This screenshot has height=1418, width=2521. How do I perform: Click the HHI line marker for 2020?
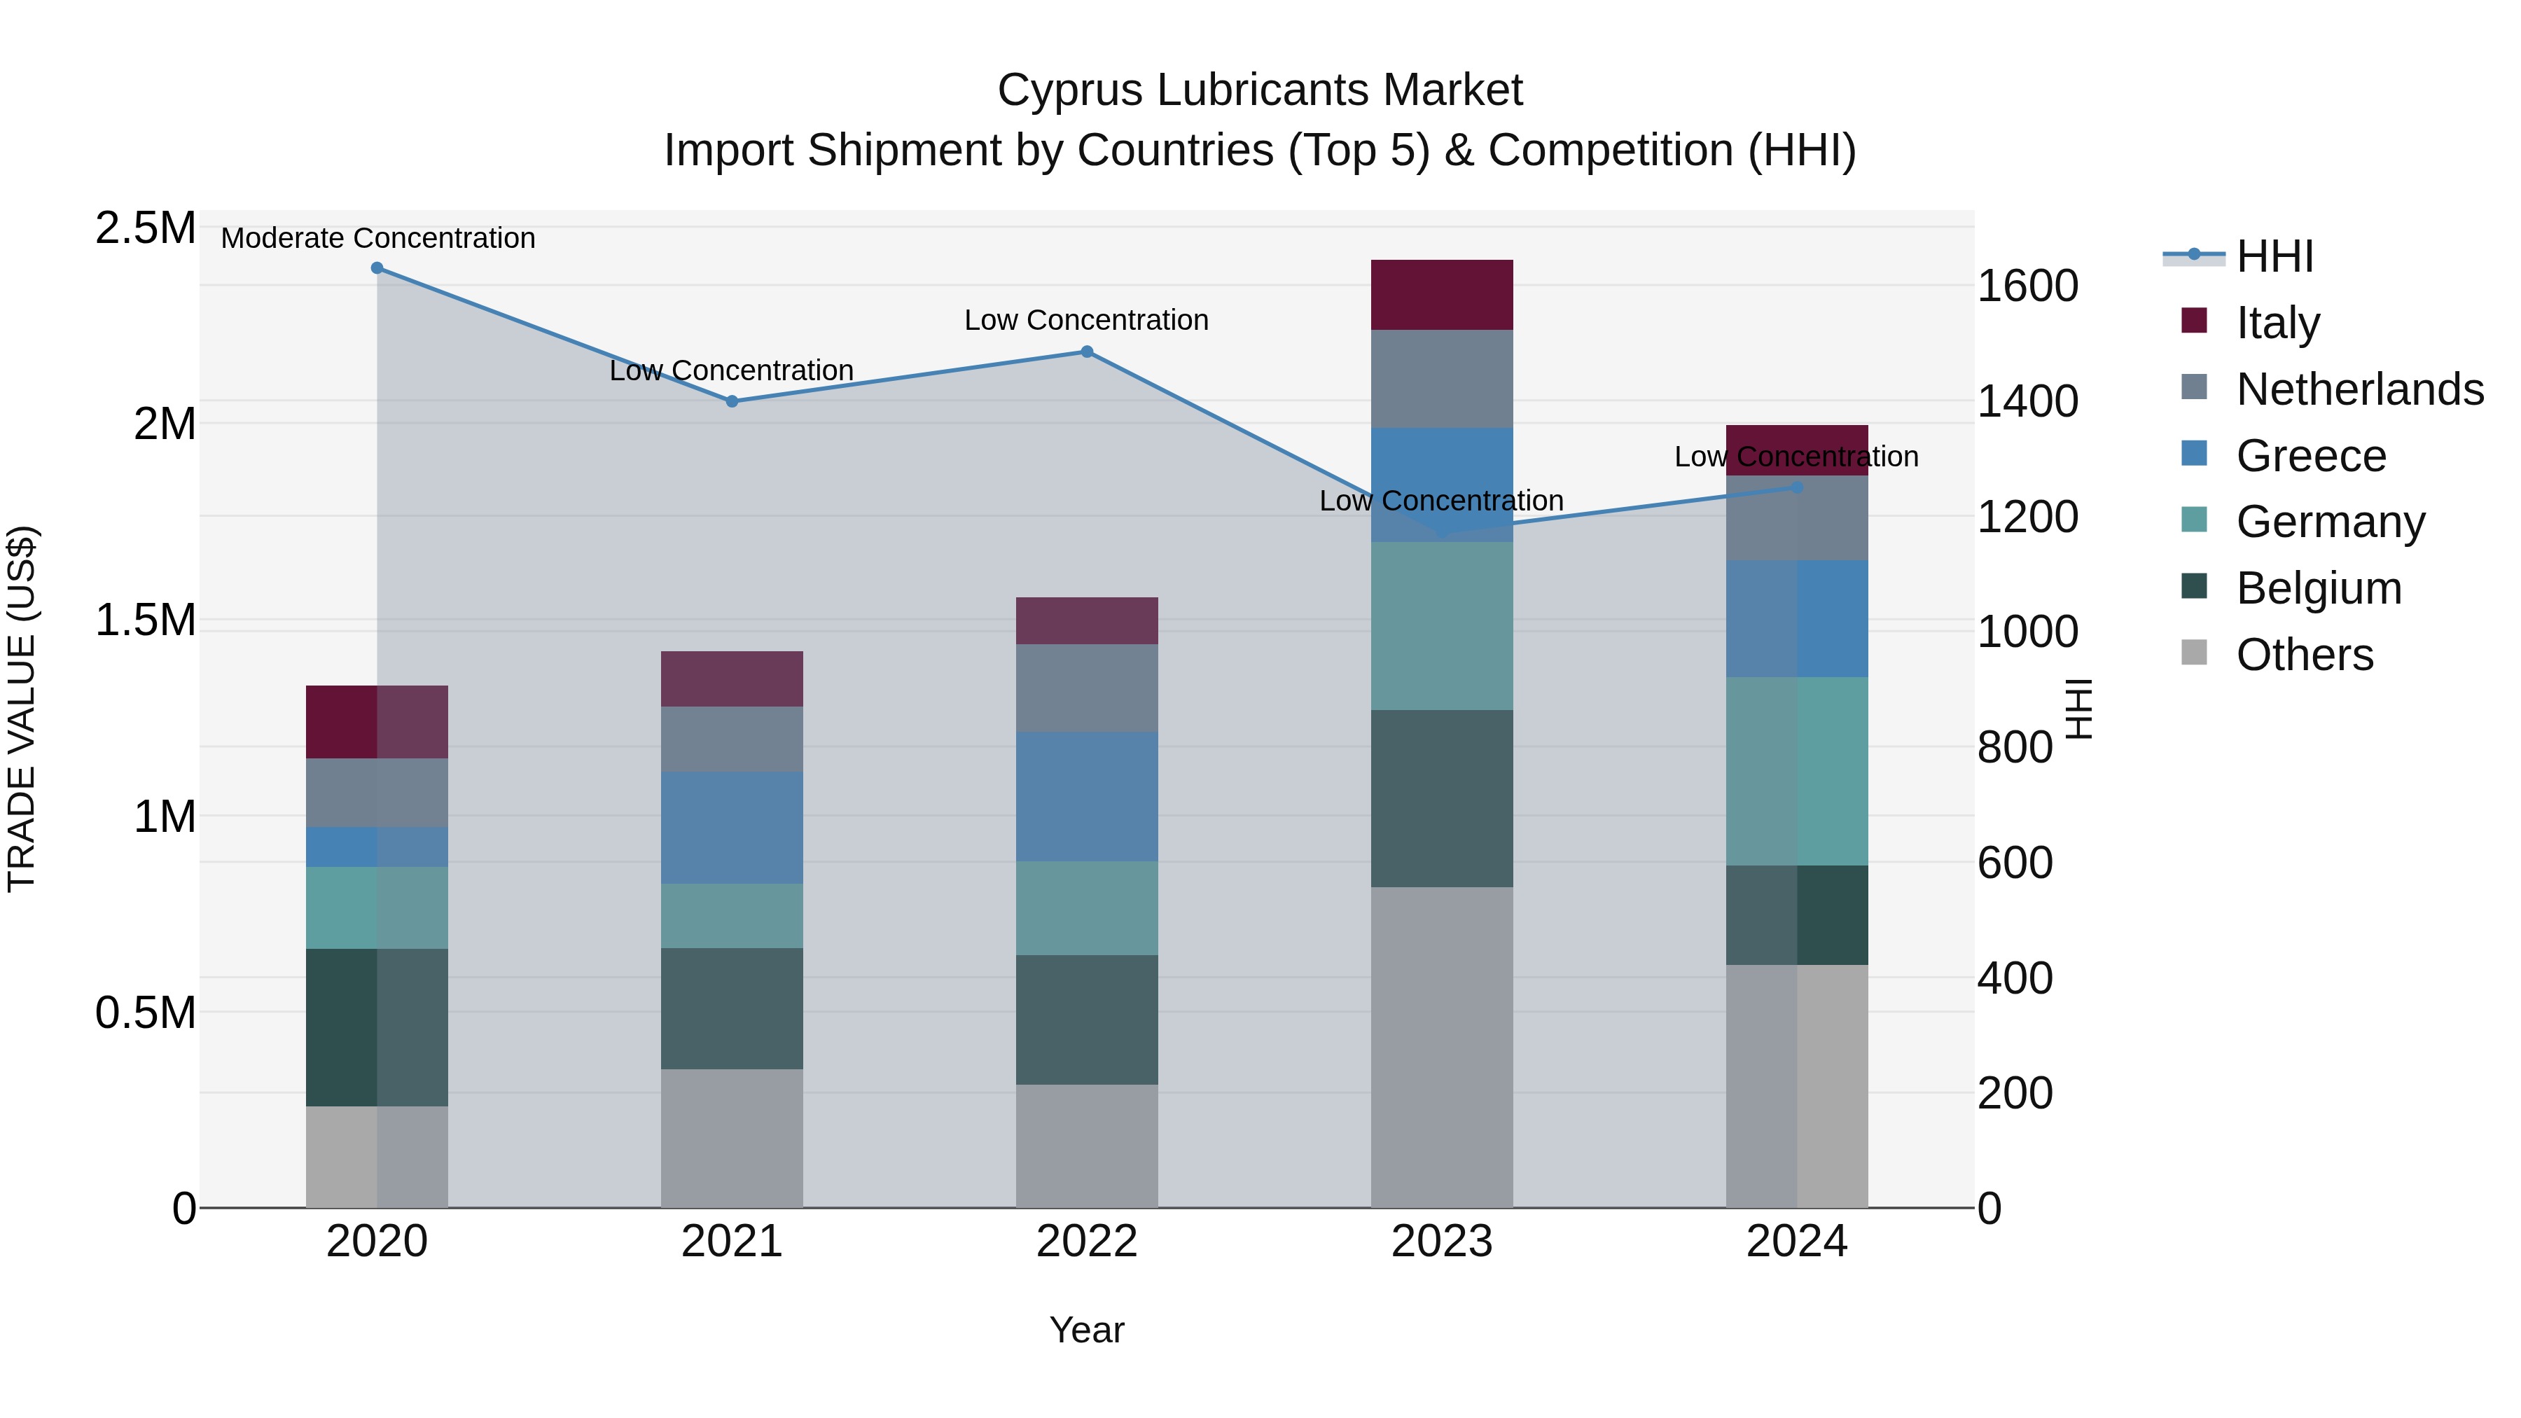[377, 268]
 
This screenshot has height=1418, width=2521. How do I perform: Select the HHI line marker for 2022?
[1086, 352]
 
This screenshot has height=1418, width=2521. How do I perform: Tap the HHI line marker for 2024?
[1797, 487]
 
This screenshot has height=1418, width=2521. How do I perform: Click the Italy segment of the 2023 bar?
[1442, 295]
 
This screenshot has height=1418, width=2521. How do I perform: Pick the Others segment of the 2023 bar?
[1442, 1047]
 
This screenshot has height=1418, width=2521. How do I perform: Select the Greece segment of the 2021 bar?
[732, 828]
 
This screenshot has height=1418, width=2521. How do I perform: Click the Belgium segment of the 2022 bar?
[1086, 1020]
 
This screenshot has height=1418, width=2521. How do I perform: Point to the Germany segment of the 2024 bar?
[1797, 771]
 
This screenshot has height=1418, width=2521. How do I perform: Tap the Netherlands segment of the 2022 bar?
[1086, 688]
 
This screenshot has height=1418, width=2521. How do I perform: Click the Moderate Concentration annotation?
[377, 238]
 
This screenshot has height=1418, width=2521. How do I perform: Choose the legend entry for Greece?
[2310, 456]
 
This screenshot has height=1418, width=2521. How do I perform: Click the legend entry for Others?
[2304, 655]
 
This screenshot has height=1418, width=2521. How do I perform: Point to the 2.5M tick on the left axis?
[145, 228]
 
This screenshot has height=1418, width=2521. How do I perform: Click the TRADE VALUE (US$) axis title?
[22, 709]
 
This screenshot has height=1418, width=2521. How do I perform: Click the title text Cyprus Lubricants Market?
[1260, 90]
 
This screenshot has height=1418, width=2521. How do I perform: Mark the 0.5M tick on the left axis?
[145, 1013]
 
